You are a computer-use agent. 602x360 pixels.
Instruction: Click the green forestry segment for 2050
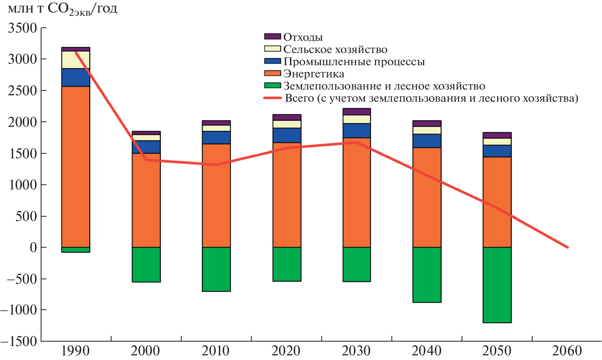[497, 285]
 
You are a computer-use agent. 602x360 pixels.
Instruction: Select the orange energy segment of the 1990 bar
[76, 167]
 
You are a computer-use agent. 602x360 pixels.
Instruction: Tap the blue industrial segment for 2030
[357, 131]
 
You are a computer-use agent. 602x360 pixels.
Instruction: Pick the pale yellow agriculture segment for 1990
[76, 60]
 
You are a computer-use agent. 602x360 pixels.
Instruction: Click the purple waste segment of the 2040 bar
[427, 124]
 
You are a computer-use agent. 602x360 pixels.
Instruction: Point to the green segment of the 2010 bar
[216, 269]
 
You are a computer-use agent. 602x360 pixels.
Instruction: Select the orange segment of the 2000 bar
[146, 200]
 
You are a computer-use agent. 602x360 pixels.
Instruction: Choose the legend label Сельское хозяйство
[335, 49]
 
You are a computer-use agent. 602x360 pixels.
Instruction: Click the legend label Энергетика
[314, 73]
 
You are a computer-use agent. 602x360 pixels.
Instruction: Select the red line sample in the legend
[272, 98]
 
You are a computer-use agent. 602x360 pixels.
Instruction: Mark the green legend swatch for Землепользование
[272, 86]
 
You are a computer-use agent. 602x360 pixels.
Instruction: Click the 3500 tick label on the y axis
[23, 28]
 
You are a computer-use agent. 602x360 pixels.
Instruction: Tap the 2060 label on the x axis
[567, 350]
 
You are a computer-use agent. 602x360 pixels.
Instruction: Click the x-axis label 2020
[286, 350]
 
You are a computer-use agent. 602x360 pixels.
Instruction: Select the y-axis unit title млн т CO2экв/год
[62, 9]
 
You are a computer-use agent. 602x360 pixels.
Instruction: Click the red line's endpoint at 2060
[568, 247]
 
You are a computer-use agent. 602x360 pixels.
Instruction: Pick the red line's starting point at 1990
[76, 52]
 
